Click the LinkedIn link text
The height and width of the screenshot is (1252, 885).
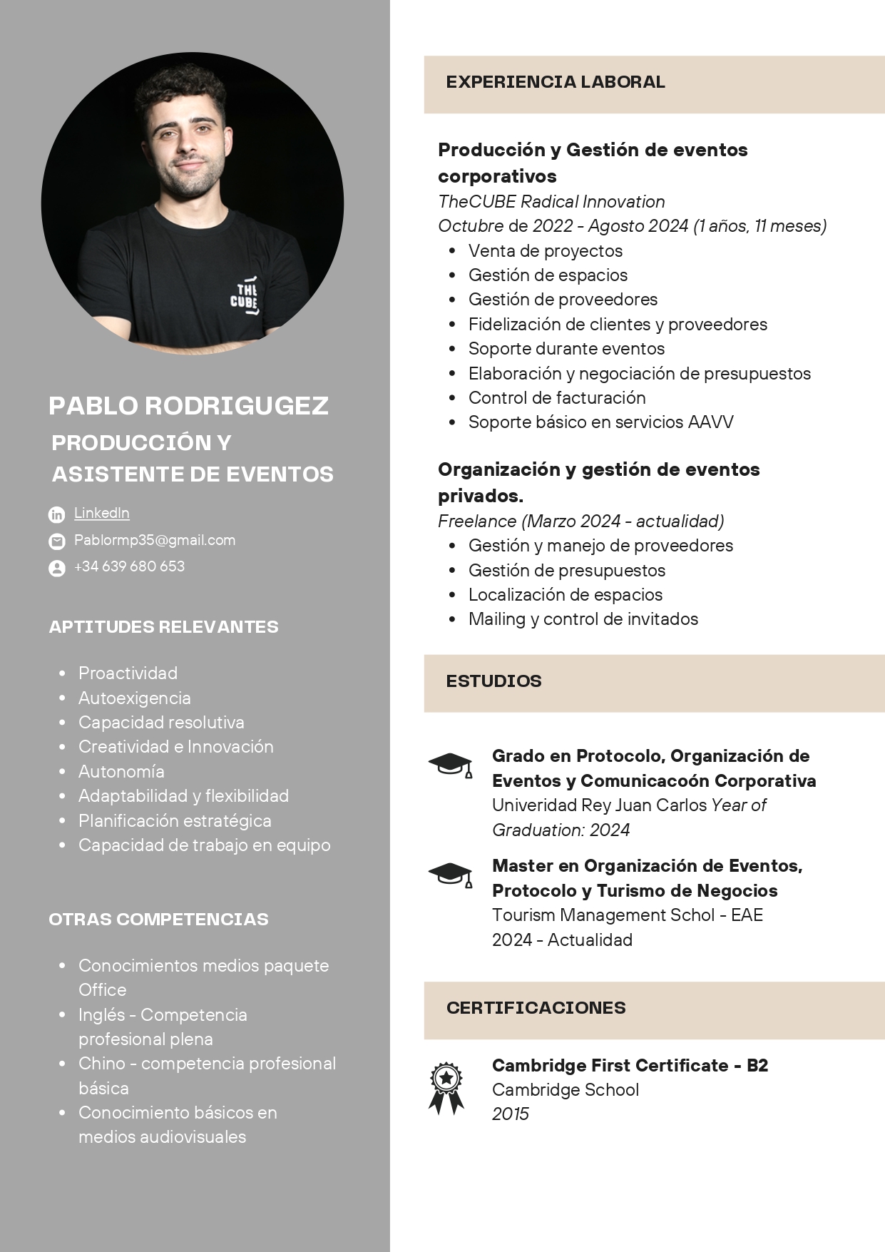[x=102, y=513]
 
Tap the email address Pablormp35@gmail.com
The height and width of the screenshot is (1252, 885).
[x=155, y=540]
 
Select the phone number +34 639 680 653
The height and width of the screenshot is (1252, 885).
[x=129, y=566]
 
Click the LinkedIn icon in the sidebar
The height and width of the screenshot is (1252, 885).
[x=56, y=514]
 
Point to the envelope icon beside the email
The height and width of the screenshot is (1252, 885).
[x=56, y=541]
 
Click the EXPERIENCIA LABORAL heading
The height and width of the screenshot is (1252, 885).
[x=556, y=82]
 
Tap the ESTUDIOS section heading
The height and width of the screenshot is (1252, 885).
[x=493, y=681]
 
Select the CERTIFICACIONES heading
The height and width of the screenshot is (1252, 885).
[x=536, y=1008]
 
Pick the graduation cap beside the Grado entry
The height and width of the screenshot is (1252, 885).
[x=451, y=765]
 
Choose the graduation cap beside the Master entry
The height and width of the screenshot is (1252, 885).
[x=451, y=875]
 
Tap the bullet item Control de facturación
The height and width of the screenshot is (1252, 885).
[x=557, y=398]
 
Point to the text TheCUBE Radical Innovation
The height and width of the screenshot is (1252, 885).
[x=551, y=202]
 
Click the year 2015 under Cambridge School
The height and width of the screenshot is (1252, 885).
[x=511, y=1114]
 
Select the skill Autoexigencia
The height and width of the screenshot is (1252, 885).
[x=135, y=698]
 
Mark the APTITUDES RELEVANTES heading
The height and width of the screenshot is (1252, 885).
[x=163, y=627]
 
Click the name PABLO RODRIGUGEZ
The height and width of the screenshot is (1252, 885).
[x=188, y=406]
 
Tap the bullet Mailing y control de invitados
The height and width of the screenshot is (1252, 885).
[x=583, y=619]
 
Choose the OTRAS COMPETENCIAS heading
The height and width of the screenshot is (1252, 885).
[x=158, y=920]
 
